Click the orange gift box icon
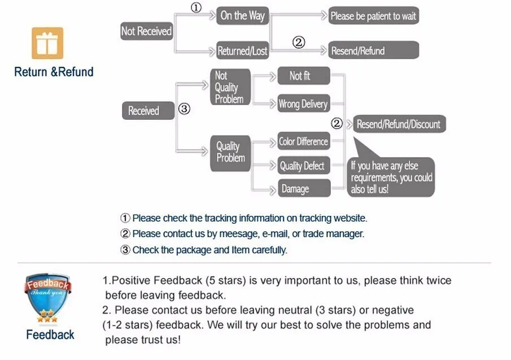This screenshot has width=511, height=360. click(47, 43)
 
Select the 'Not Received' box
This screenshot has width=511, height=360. click(147, 31)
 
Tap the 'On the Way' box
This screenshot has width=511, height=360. click(242, 16)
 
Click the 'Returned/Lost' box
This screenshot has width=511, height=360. click(242, 50)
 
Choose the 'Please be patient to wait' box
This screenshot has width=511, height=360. click(373, 15)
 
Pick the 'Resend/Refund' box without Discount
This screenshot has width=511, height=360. click(373, 50)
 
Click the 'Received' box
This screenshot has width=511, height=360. click(149, 111)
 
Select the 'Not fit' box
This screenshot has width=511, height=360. click(304, 76)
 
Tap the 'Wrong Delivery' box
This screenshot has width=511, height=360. click(304, 103)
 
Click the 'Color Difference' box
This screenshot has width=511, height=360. click(304, 141)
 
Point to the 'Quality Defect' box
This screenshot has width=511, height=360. click(304, 166)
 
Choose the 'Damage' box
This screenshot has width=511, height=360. click(304, 188)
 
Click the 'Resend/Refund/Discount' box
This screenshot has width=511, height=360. click(400, 124)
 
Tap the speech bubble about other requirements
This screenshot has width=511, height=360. click(391, 177)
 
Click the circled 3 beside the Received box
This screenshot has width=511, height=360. click(184, 109)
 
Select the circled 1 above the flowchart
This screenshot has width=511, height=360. click(196, 7)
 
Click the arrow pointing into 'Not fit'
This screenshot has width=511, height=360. click(264, 77)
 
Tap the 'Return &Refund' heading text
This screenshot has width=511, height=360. click(54, 72)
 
